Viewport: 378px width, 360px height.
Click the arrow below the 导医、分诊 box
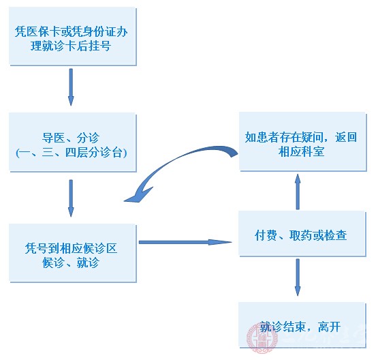pyautogui.click(x=72, y=197)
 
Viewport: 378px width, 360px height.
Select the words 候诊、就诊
pyautogui.click(x=71, y=262)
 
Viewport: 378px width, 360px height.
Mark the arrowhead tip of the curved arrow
pyautogui.click(x=127, y=200)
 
